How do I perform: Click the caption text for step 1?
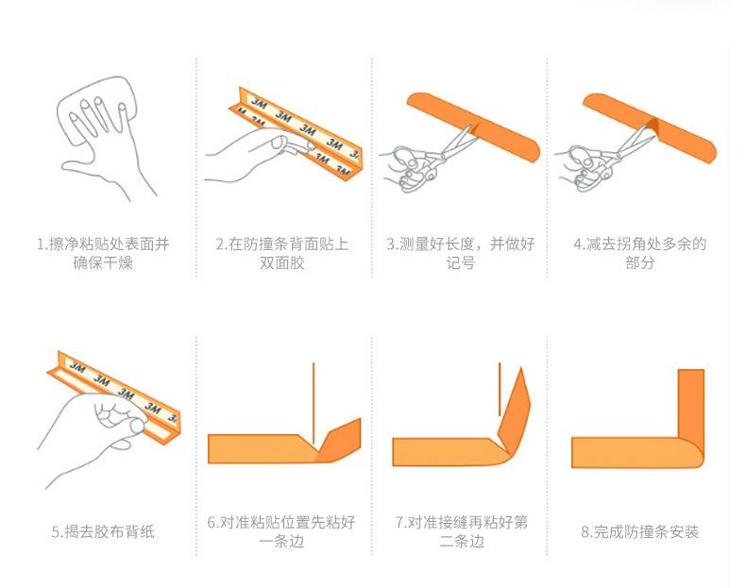[x=104, y=253]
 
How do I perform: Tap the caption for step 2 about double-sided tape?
[x=281, y=253]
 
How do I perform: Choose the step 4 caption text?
[x=639, y=253]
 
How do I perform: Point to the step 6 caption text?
[x=281, y=531]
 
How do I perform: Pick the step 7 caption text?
[x=461, y=531]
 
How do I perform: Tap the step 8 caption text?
[x=639, y=531]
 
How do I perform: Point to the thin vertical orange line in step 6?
[x=314, y=396]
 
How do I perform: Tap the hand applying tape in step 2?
[x=250, y=151]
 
